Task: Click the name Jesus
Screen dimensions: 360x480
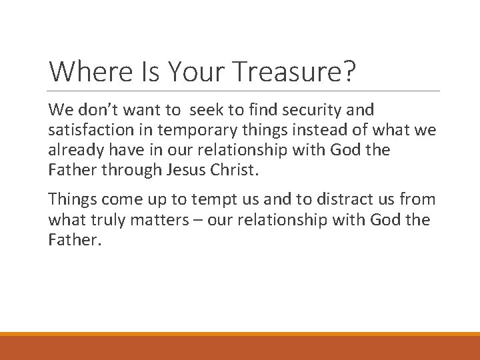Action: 189,169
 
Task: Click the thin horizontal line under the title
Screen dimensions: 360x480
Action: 244,91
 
